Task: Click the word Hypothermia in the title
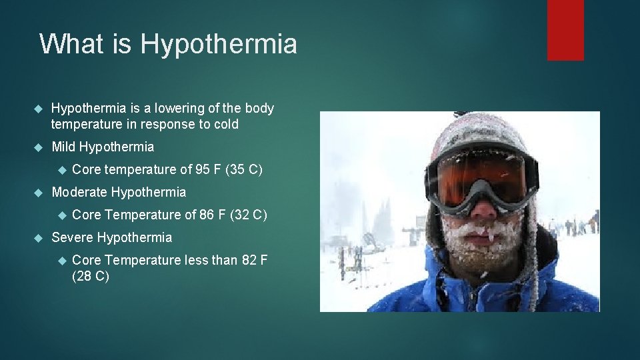(x=219, y=45)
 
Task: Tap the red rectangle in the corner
(x=565, y=30)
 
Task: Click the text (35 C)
(x=244, y=169)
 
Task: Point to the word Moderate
(x=79, y=192)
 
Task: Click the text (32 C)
(x=249, y=215)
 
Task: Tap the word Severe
(x=73, y=237)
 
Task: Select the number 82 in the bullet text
(x=250, y=260)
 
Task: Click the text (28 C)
(x=90, y=275)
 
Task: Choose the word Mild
(x=64, y=147)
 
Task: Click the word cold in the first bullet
(x=225, y=124)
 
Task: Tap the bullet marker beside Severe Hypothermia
(x=37, y=238)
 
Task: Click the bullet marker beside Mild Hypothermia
(x=37, y=147)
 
